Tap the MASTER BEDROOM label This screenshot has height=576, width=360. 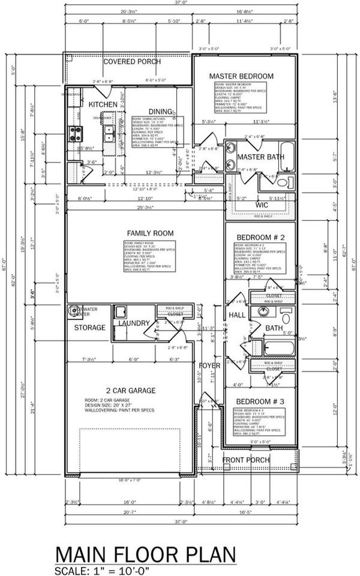pyautogui.click(x=241, y=76)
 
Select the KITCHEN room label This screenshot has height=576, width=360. pyautogui.click(x=103, y=104)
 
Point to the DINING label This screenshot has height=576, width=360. pyautogui.click(x=160, y=112)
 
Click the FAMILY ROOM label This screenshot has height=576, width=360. pyautogui.click(x=149, y=233)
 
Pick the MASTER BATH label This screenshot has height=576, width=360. pyautogui.click(x=260, y=157)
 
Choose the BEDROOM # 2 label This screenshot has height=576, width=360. pyautogui.click(x=260, y=238)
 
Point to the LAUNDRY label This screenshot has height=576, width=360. pyautogui.click(x=133, y=323)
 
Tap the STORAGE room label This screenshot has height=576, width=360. pyautogui.click(x=90, y=328)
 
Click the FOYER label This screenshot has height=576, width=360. pyautogui.click(x=209, y=365)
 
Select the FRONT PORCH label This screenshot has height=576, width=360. pyautogui.click(x=247, y=460)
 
